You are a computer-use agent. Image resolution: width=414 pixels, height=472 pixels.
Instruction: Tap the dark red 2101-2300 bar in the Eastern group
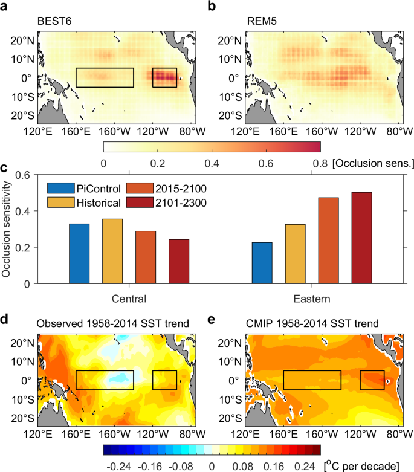click(361, 238)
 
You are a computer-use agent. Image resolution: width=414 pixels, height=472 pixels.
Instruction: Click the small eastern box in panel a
click(164, 77)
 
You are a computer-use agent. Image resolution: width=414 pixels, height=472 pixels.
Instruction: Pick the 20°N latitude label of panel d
click(22, 343)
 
